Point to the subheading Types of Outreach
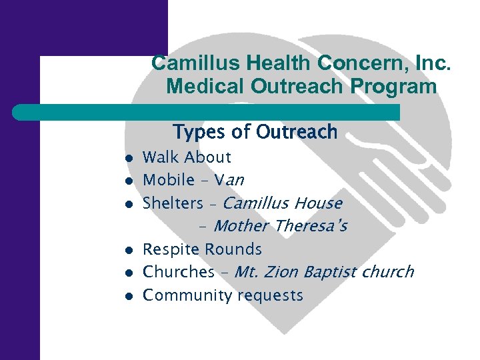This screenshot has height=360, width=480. tap(255, 132)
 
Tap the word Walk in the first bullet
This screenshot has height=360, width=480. tap(162, 158)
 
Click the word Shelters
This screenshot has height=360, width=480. tap(173, 203)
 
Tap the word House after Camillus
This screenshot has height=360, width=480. tap(318, 203)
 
